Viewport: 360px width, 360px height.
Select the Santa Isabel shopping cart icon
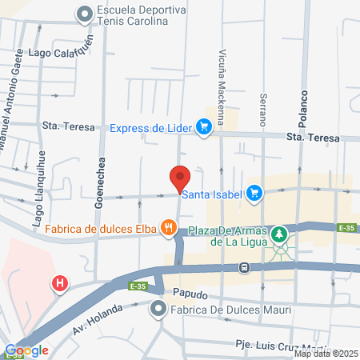pos(254,192)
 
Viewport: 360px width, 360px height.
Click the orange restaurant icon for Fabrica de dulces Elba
pos(168,228)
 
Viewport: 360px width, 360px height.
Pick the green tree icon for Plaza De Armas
pos(279,234)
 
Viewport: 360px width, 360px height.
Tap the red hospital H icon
pos(59,283)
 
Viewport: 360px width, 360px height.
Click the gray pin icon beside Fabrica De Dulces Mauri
pos(158,309)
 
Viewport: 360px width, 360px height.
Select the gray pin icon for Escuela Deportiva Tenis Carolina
pos(85,14)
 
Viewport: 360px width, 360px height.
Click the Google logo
pos(26,350)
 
